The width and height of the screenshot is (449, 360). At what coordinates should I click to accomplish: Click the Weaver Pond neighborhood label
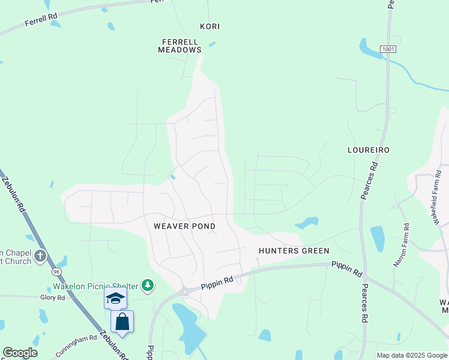click(x=184, y=226)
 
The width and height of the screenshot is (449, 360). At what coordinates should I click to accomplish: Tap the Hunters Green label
click(x=294, y=251)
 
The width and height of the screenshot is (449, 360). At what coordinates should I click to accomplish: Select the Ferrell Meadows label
click(x=179, y=46)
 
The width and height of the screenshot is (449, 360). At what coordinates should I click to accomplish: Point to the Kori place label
click(x=210, y=27)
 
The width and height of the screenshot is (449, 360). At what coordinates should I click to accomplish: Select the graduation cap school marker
click(x=115, y=298)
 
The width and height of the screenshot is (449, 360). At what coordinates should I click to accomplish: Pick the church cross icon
click(x=40, y=257)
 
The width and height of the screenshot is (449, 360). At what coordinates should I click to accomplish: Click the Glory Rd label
click(x=52, y=298)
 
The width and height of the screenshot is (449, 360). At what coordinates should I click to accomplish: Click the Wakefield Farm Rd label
click(x=436, y=198)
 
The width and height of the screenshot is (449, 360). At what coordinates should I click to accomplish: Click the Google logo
click(x=20, y=353)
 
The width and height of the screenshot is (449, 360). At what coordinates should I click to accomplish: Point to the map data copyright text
click(x=412, y=355)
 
